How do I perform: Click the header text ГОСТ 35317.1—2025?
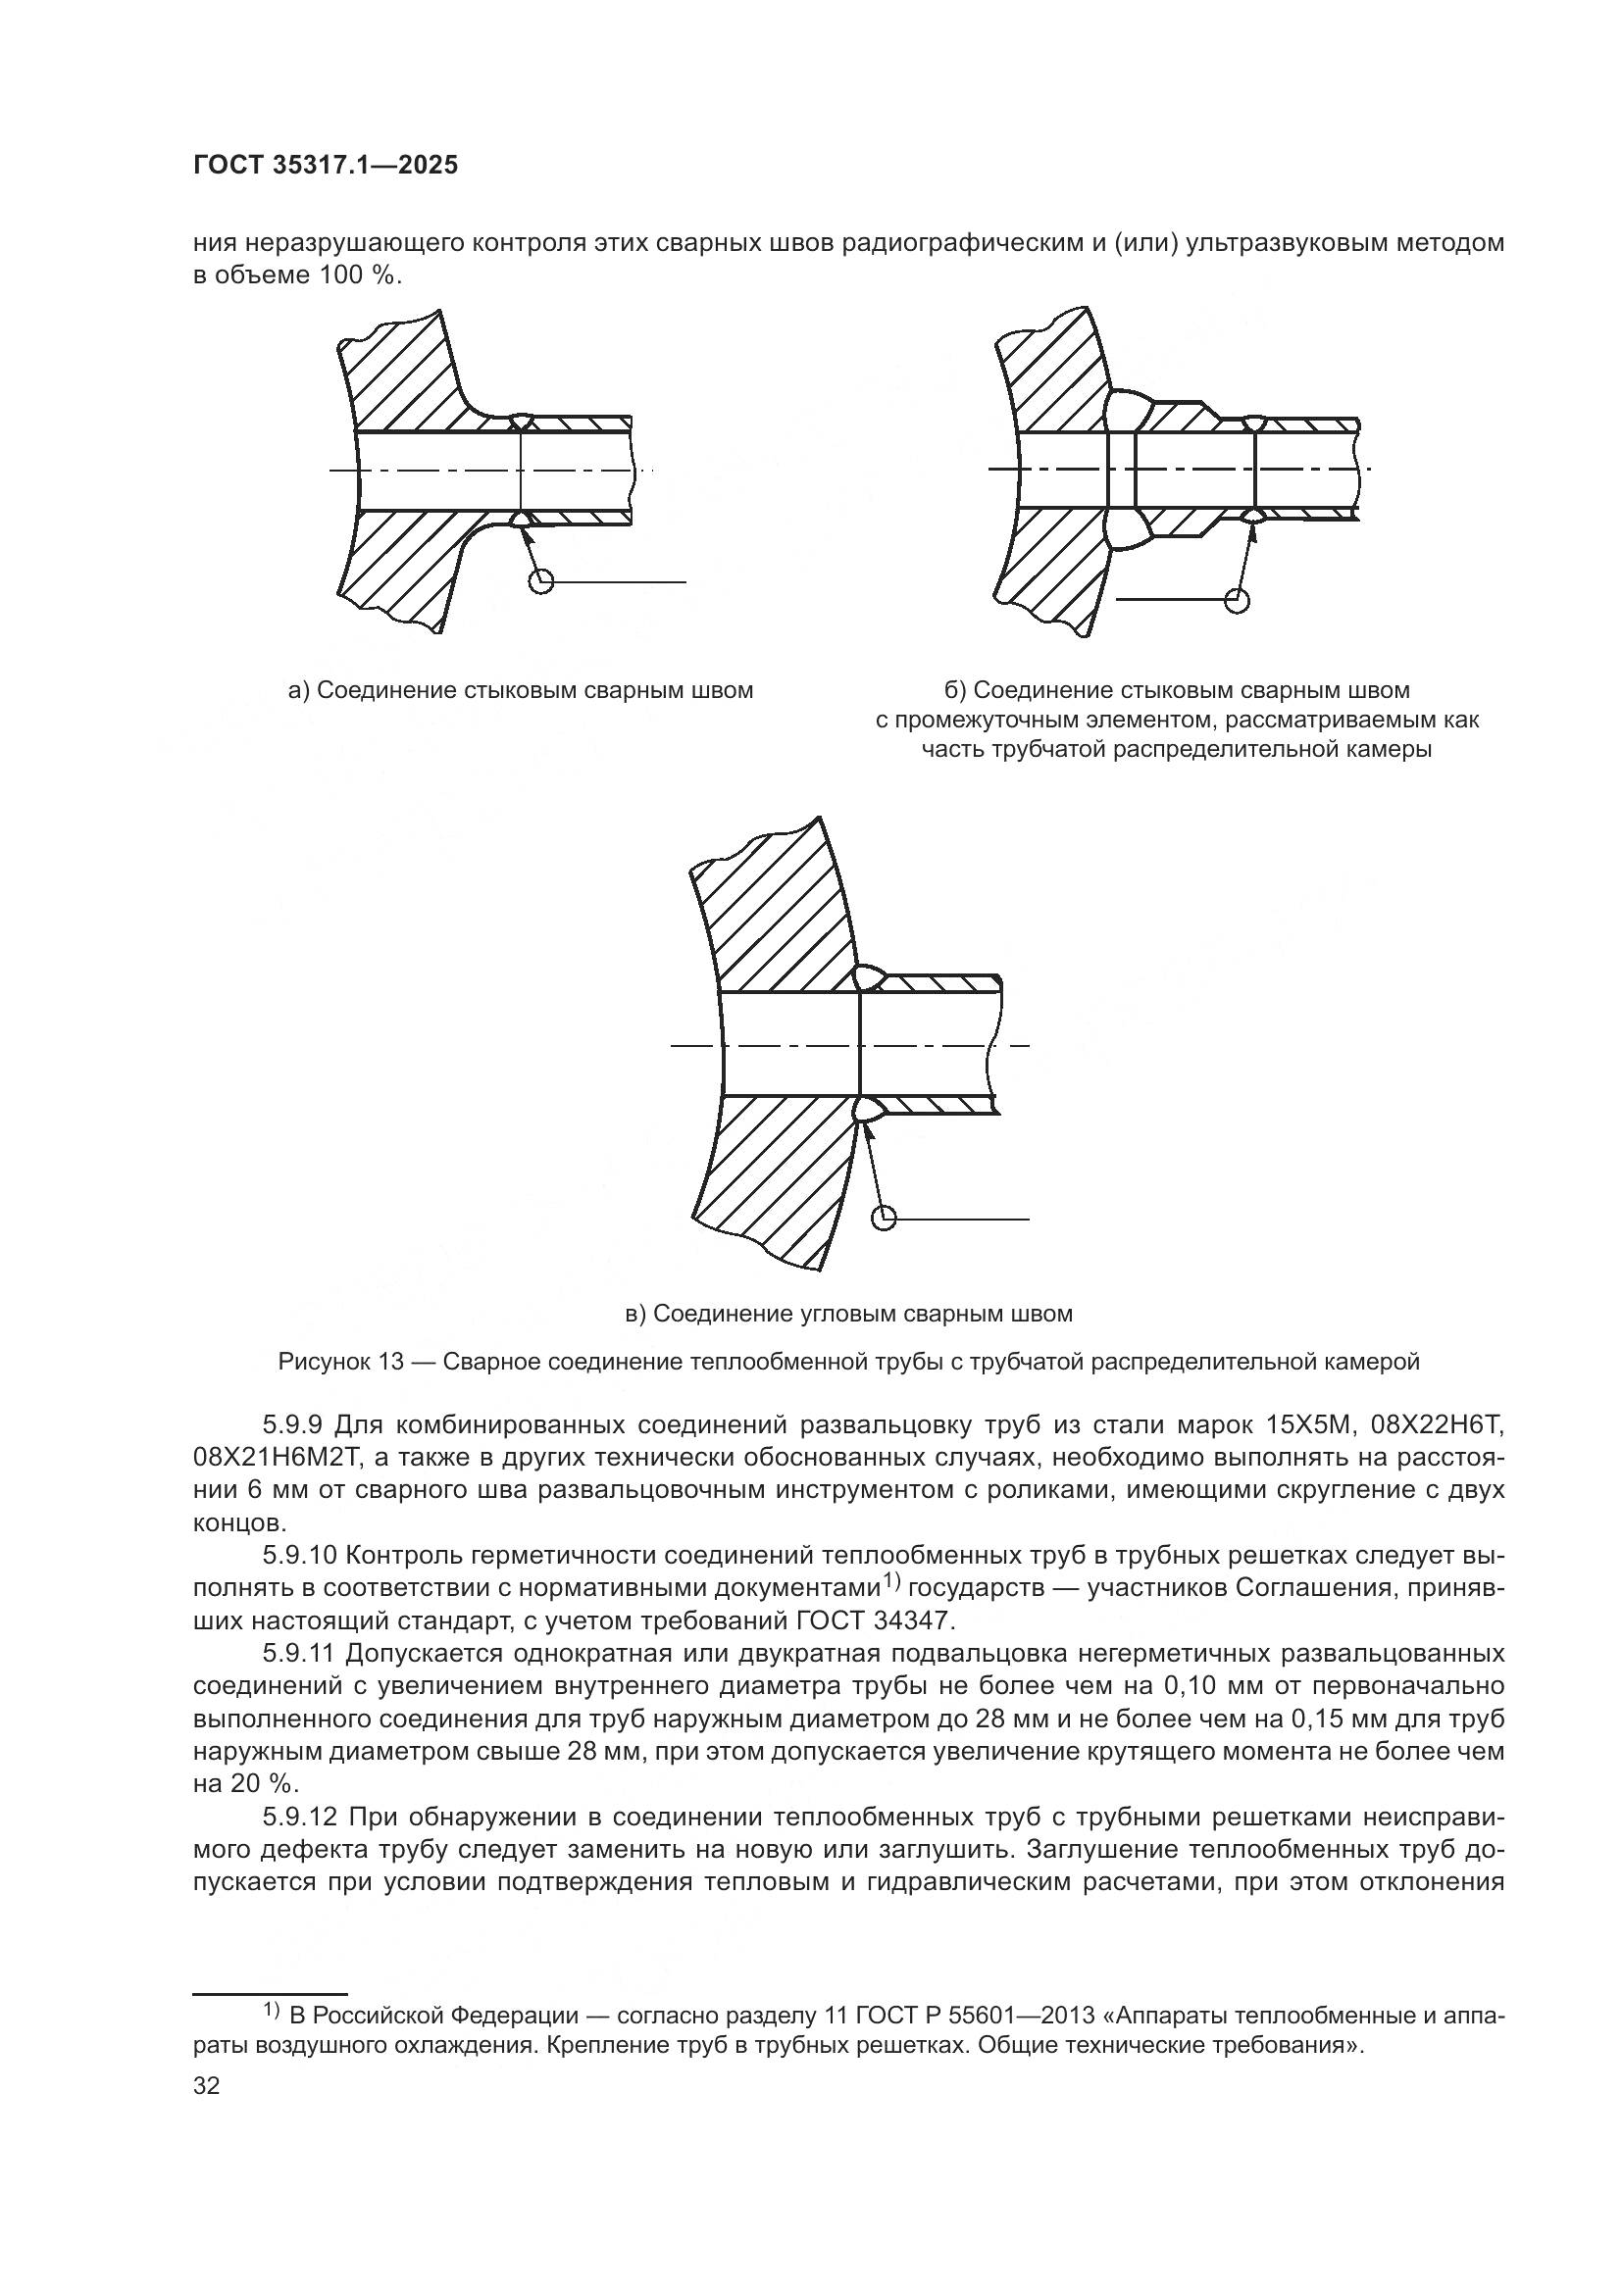click(x=325, y=166)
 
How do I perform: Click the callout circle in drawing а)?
click(x=540, y=581)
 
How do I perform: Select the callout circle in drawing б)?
click(x=1237, y=599)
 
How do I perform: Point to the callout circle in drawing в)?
click(x=884, y=1219)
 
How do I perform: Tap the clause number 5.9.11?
click(x=302, y=1654)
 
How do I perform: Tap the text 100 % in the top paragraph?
click(x=361, y=275)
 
